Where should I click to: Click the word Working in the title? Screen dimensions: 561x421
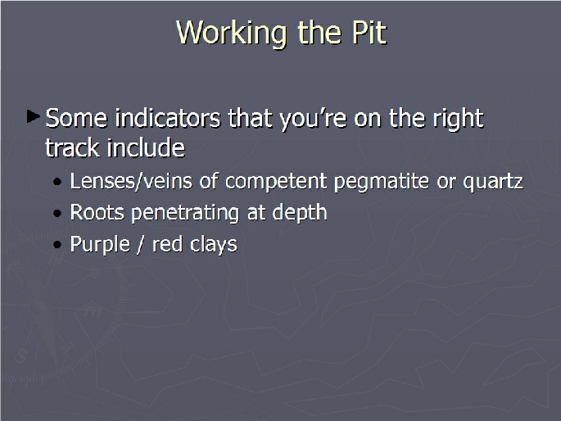[232, 34]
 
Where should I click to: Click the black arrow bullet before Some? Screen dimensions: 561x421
[33, 116]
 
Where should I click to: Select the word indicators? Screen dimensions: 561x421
[168, 118]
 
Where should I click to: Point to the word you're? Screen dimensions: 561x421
[313, 120]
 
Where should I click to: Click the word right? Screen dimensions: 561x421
[458, 119]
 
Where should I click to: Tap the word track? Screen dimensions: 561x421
[72, 147]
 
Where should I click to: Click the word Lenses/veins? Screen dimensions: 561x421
[130, 181]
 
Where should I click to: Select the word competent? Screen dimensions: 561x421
[276, 181]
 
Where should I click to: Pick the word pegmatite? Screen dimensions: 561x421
[381, 182]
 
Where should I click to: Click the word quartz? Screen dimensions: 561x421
[493, 182]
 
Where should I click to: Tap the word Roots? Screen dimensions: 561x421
[97, 212]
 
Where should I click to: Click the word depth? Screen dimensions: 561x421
[300, 213]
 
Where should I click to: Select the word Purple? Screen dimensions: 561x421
[100, 245]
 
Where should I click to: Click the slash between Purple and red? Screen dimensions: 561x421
[141, 245]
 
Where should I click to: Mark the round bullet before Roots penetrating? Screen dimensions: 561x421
[57, 214]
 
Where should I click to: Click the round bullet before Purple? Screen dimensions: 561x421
[57, 245]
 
